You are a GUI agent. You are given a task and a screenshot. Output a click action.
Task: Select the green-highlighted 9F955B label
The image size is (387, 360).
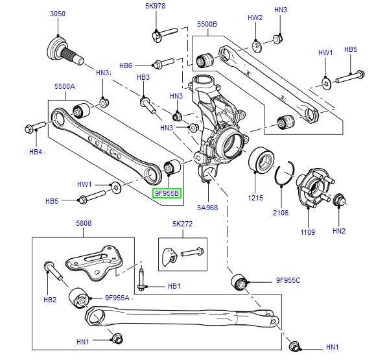point(167,193)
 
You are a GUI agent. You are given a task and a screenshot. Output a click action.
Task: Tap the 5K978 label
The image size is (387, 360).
point(156,6)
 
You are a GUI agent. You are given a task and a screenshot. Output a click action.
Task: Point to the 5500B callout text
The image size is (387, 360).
point(207,25)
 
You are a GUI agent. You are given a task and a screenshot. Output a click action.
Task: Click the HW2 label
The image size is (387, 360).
point(255,18)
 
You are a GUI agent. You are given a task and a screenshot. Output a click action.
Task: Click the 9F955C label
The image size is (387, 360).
point(287,281)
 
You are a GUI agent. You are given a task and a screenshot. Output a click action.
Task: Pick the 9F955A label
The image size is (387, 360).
point(118,298)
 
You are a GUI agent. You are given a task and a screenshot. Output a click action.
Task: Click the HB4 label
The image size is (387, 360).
point(35,152)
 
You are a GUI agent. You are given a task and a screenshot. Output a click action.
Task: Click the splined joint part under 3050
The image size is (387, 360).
point(64,49)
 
